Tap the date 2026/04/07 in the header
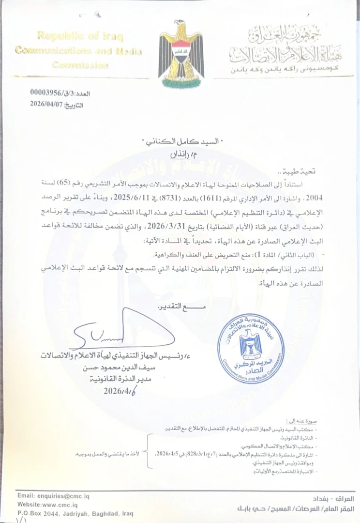(46, 104)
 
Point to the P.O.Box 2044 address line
(75, 513)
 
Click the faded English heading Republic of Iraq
(80, 36)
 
